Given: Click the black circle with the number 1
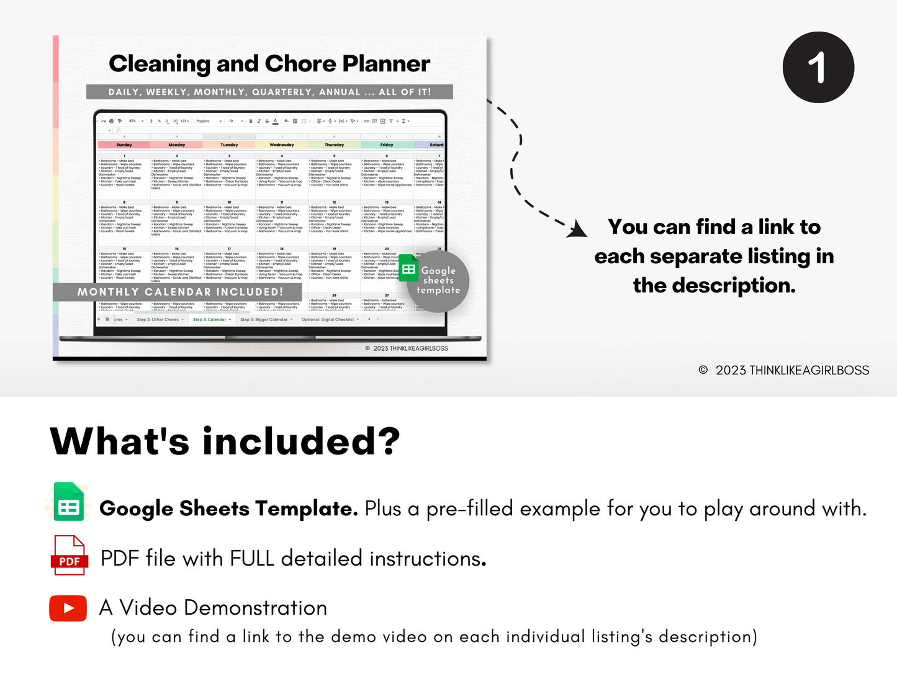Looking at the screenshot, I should coord(818,67).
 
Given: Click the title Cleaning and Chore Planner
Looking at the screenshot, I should coord(269,63).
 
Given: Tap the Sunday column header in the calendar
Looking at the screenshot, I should coord(124,145).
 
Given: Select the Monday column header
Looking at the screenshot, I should coord(177,145).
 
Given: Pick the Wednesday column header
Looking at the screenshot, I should coord(282,145).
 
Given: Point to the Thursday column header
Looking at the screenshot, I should coord(334,145).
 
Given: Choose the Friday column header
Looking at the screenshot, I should coord(387,145).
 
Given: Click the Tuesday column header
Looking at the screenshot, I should coord(229,145).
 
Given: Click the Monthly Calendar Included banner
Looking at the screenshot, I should coord(179,292).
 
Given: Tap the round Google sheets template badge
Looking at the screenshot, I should coord(437,281).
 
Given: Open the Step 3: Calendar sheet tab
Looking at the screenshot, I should coord(211,320).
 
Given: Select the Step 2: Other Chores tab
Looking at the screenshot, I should coord(158,320).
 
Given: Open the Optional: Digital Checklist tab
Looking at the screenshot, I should coord(328,320).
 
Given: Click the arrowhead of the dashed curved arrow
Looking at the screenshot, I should coord(579,230).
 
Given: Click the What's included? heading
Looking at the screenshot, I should coord(225,441).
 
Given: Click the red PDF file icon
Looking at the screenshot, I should coord(69,555).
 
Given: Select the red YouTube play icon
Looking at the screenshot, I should coord(68,608).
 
